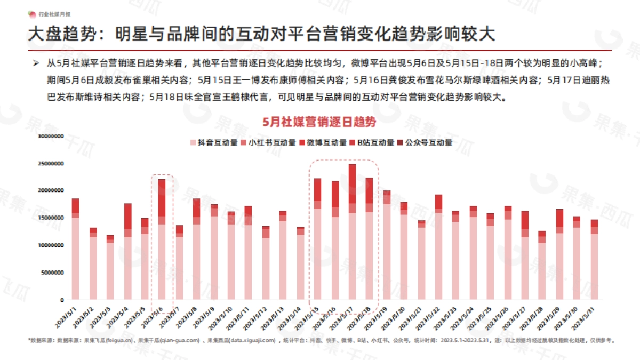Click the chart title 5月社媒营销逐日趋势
click(319, 122)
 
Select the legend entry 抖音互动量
click(213, 143)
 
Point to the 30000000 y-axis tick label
click(51, 135)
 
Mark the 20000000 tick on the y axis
click(51, 190)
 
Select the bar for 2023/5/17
click(352, 232)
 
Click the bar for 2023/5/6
click(162, 239)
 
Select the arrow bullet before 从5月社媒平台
click(36, 63)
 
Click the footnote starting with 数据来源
click(320, 340)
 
